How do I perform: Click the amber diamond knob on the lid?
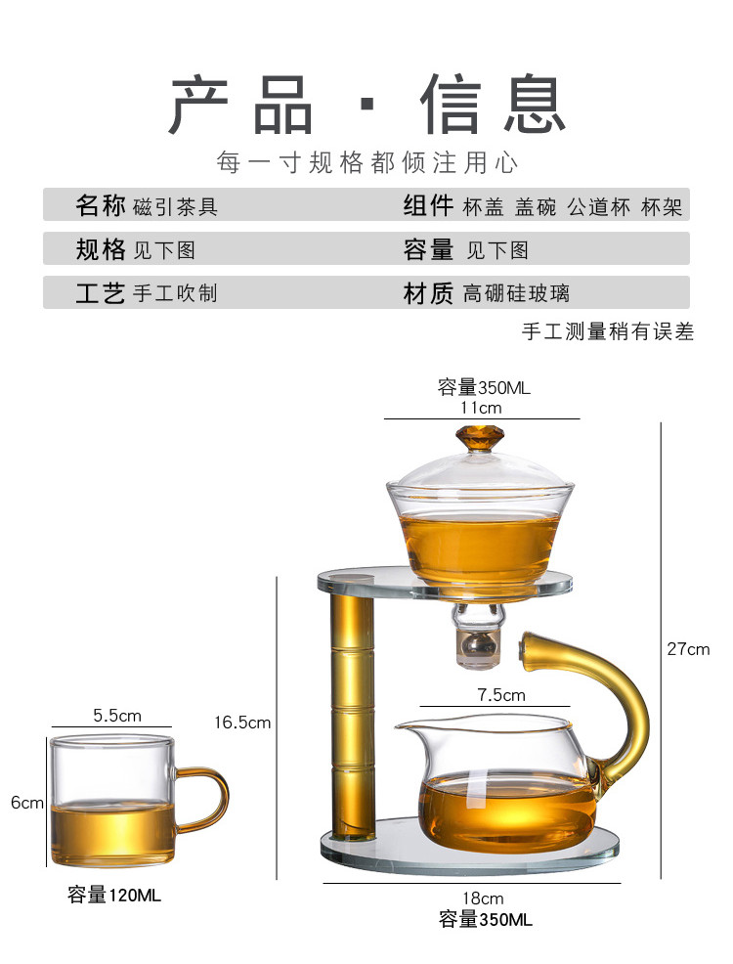point(479,437)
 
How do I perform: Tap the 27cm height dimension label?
point(690,649)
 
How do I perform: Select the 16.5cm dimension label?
point(242,723)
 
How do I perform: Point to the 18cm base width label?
point(484,898)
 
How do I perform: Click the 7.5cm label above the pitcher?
point(501,696)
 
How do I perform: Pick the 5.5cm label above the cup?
point(117,716)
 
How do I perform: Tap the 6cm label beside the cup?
point(27,803)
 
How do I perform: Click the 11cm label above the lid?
point(481,408)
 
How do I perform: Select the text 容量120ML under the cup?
point(114,894)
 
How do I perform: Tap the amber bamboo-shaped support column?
point(352,714)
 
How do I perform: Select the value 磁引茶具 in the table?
point(176,206)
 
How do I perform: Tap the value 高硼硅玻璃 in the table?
point(516,293)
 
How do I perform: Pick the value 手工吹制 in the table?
point(176,293)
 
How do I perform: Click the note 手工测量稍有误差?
point(608,332)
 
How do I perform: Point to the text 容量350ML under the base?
point(486,920)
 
